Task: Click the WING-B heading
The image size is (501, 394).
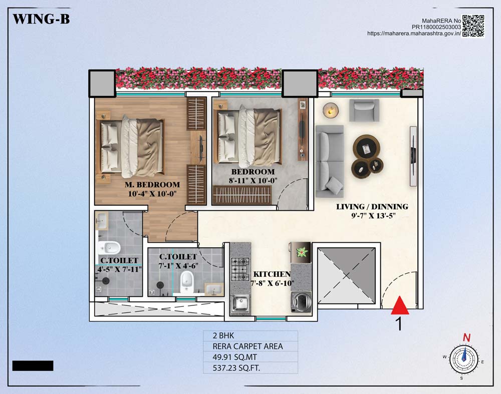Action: [41, 19]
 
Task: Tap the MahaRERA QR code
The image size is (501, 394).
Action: [473, 26]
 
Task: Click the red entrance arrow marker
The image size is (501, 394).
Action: [400, 305]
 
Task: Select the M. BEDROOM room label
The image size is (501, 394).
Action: [152, 185]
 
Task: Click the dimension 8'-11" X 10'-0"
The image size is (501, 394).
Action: [253, 180]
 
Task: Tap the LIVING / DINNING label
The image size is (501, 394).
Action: [372, 207]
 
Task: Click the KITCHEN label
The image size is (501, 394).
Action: [272, 274]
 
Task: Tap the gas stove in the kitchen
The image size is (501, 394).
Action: [240, 269]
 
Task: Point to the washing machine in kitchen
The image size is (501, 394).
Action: [301, 301]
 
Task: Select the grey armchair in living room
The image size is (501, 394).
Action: [364, 110]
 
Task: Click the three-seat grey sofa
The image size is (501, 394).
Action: [330, 161]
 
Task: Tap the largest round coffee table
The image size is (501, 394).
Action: [366, 149]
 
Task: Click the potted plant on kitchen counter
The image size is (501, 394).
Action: [302, 252]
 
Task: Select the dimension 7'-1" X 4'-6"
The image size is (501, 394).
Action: [178, 266]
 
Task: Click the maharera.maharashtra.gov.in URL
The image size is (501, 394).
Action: [414, 33]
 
